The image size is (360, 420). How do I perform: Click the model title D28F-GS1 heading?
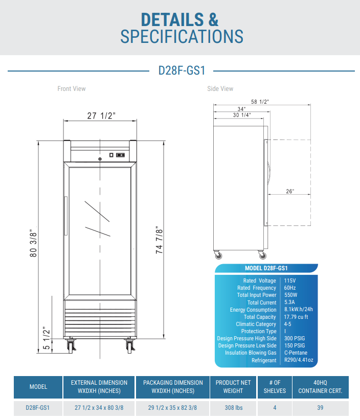(x=182, y=71)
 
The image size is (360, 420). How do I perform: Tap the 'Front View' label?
(x=72, y=89)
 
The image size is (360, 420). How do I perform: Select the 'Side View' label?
(x=220, y=89)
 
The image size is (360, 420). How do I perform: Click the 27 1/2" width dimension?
(x=101, y=115)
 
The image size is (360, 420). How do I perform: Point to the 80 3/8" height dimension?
(x=34, y=243)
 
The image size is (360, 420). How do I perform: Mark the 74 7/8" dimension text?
(x=160, y=240)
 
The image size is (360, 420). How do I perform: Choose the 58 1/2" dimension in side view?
(x=260, y=102)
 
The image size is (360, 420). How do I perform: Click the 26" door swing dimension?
(x=290, y=191)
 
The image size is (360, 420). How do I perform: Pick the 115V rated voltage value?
(x=290, y=281)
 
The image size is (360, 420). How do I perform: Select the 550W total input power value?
(x=291, y=295)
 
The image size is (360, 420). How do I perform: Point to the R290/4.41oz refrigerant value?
(x=298, y=360)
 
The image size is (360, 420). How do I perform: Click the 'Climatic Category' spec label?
(x=256, y=324)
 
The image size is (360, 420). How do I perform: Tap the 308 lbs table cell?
(x=233, y=408)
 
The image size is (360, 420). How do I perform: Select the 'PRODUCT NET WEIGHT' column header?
(x=233, y=387)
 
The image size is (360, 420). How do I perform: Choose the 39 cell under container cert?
(x=320, y=408)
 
